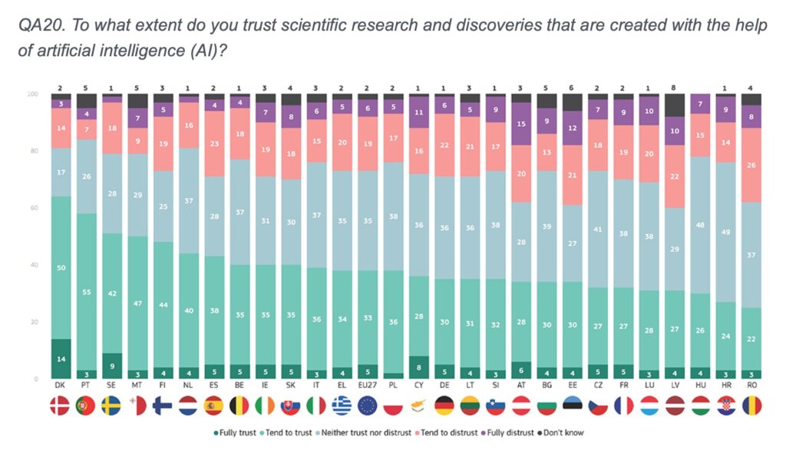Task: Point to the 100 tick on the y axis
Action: [x=32, y=94]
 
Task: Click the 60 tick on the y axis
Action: [x=33, y=208]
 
